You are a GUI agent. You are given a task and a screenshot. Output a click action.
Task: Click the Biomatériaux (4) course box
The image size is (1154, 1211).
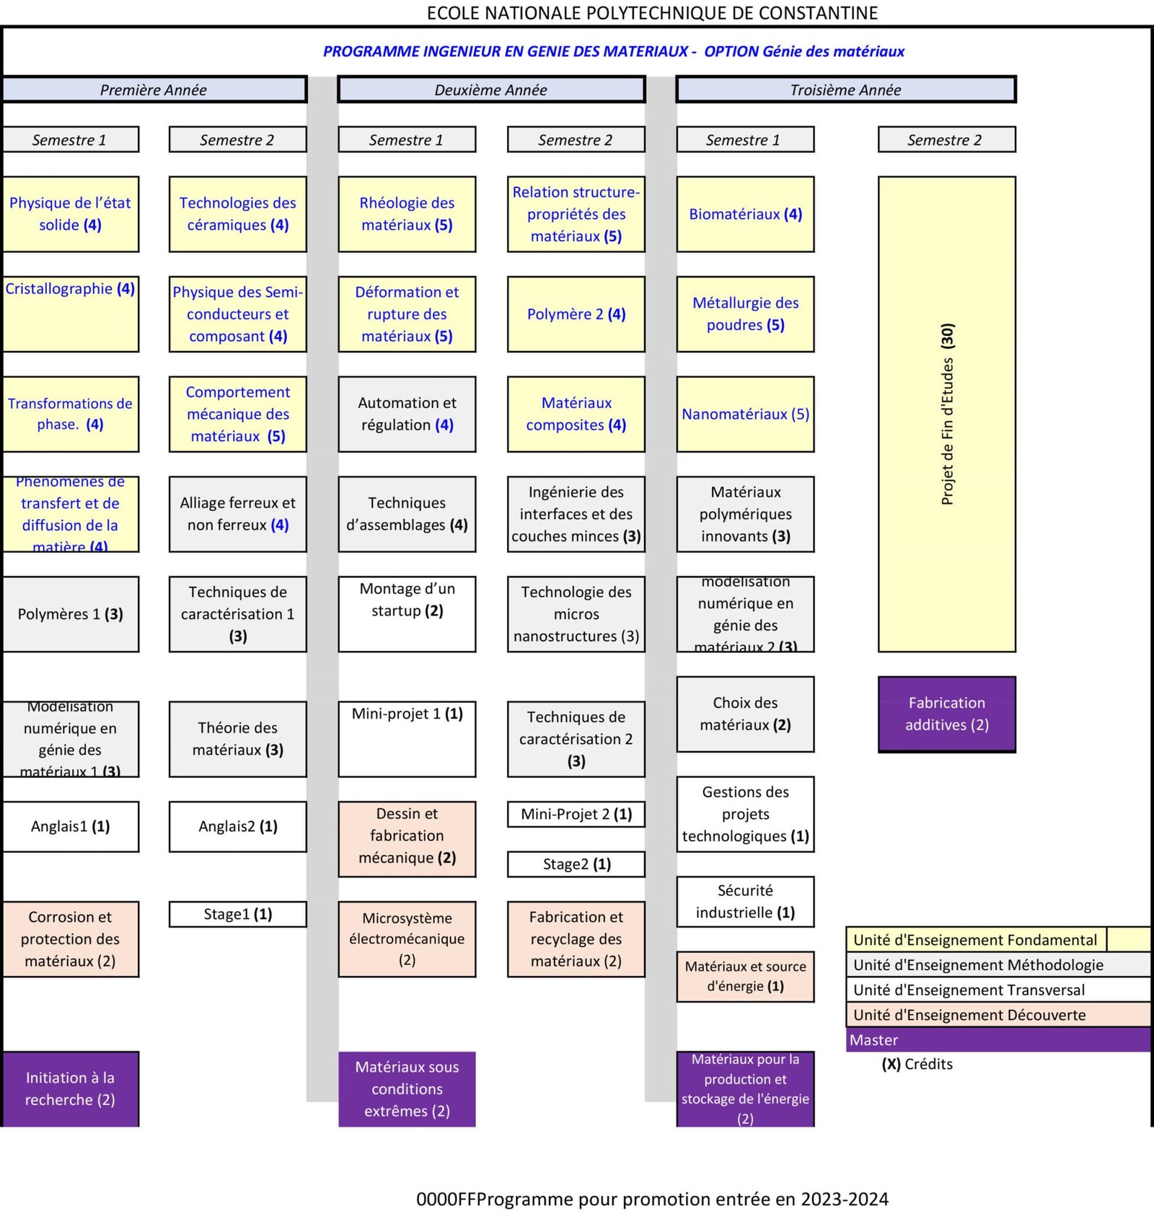745,214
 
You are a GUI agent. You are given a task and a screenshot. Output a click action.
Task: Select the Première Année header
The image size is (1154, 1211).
154,89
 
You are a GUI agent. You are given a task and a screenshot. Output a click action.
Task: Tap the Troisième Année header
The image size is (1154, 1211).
845,89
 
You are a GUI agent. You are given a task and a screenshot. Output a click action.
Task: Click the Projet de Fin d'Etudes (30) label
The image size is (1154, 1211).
947,414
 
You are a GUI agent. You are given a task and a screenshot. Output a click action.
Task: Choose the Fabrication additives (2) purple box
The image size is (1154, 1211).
946,714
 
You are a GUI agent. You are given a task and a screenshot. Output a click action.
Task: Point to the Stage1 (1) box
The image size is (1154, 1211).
237,914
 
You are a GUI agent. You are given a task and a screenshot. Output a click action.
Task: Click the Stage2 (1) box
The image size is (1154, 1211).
576,864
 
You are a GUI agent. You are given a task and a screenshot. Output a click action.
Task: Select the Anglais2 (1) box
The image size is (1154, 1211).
237,826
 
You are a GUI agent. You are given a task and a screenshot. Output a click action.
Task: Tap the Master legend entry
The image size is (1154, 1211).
997,1039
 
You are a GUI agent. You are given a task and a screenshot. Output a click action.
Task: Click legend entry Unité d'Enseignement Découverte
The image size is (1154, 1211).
997,1015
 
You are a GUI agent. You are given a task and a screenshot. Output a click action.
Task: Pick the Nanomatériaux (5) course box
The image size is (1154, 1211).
745,414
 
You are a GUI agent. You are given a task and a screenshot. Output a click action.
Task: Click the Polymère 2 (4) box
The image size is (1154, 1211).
576,314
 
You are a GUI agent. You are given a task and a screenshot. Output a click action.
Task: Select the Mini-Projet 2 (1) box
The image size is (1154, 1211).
576,814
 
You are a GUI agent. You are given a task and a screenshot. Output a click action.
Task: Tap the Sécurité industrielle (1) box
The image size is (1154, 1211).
745,901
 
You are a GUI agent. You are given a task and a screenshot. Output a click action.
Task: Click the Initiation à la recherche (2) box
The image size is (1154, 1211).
70,1088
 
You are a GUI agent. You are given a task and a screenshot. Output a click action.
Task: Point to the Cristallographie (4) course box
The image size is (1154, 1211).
70,314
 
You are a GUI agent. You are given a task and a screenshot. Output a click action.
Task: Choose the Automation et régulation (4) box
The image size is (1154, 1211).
407,414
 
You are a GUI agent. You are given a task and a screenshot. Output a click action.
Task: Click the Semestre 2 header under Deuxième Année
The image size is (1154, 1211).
576,140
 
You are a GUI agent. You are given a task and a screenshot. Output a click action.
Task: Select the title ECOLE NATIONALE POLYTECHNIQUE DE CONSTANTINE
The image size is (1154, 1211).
652,13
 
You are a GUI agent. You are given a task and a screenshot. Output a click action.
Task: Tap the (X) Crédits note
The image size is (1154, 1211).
917,1064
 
